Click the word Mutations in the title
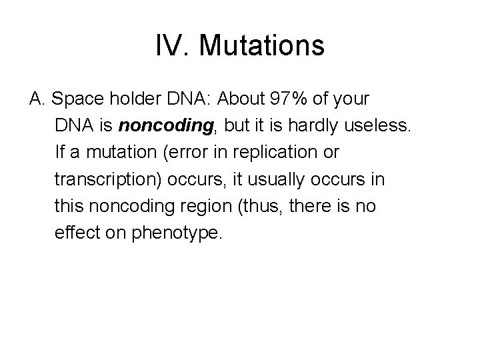tap(261, 46)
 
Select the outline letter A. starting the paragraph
tap(37, 99)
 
